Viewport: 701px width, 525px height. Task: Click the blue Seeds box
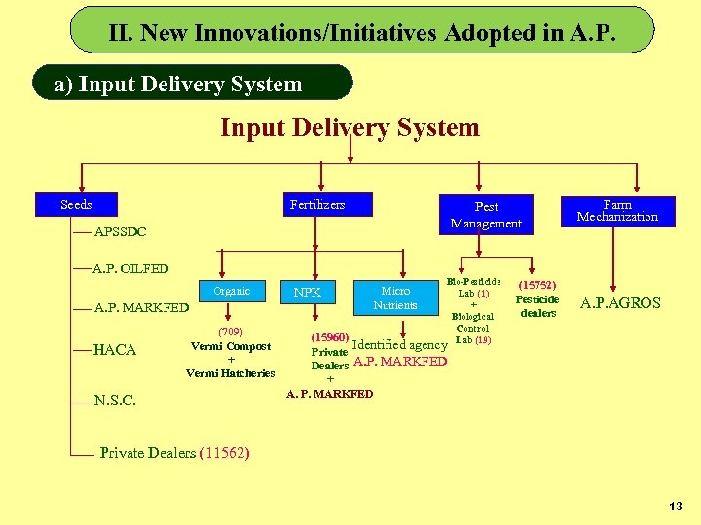[76, 204]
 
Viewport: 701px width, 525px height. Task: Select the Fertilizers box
[317, 204]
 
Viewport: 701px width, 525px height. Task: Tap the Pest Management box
[486, 215]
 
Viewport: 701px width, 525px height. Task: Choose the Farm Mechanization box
[617, 211]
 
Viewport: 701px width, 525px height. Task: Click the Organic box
[232, 291]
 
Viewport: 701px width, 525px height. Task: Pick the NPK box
[307, 292]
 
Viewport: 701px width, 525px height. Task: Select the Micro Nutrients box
[395, 297]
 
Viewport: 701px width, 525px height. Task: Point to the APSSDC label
[120, 232]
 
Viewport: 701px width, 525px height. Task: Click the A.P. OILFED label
[130, 268]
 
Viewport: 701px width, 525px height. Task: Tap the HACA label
[115, 350]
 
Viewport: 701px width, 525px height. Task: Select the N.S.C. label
[115, 400]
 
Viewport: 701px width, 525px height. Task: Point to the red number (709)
[231, 332]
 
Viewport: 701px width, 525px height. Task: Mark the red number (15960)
[329, 337]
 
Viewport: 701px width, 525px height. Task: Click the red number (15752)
[537, 286]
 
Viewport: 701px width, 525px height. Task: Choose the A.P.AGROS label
[620, 303]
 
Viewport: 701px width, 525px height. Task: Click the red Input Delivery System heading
[350, 127]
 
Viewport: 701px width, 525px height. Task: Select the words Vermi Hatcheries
[231, 373]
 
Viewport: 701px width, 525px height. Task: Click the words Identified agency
[398, 345]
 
